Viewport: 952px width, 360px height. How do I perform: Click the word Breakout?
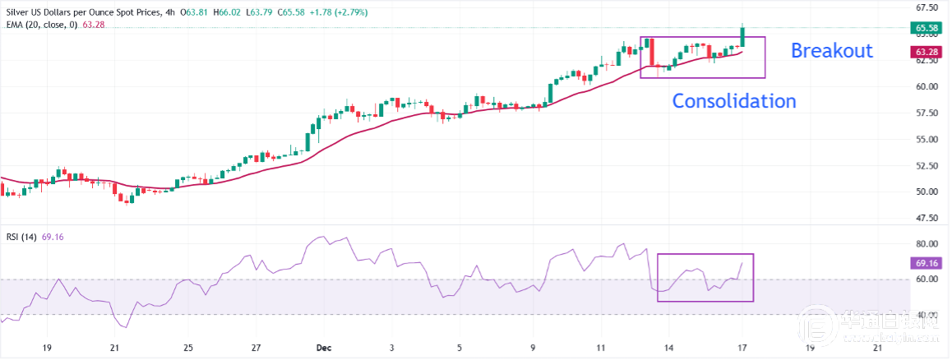[831, 51]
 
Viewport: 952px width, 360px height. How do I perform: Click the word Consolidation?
[734, 101]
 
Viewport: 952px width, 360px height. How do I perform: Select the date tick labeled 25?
[188, 347]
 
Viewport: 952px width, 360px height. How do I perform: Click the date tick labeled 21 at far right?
[877, 347]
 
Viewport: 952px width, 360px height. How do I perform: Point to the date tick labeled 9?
[534, 347]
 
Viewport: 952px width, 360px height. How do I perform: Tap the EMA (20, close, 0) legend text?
[41, 25]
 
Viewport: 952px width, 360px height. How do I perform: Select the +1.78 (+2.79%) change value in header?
[339, 12]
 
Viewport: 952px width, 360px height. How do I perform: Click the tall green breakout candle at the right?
[742, 35]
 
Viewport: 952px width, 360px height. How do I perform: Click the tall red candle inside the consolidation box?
[650, 52]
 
